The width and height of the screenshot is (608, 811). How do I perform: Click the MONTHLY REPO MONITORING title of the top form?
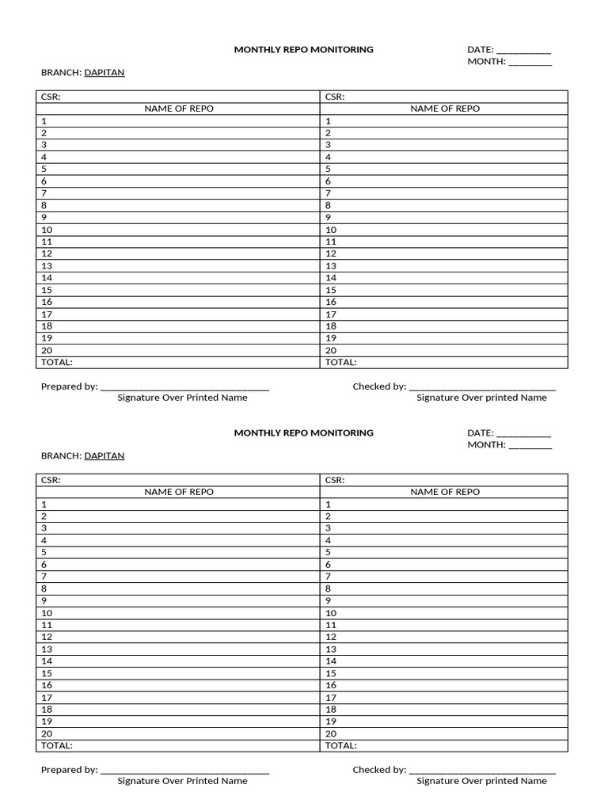click(x=303, y=49)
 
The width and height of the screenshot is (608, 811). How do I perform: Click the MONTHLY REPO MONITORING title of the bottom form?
click(x=303, y=432)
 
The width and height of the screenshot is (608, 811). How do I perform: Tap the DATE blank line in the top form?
click(x=523, y=51)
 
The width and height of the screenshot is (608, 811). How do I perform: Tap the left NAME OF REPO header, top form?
click(x=178, y=109)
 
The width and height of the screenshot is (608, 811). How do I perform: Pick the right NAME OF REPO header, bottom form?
click(x=444, y=492)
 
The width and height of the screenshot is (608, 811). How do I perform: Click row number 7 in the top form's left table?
click(x=44, y=193)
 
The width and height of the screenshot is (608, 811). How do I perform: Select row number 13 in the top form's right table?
click(x=331, y=265)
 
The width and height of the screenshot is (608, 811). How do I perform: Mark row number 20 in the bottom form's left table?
click(x=47, y=733)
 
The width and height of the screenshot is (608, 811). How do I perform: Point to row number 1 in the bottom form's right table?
click(x=329, y=504)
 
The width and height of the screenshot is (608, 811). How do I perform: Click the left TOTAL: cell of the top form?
click(x=56, y=362)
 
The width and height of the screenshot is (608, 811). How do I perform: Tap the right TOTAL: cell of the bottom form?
click(x=340, y=745)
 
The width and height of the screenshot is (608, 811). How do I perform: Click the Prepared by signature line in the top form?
click(x=185, y=388)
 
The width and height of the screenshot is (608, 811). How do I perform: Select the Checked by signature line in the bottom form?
click(x=484, y=771)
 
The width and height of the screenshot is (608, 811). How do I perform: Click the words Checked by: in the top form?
click(x=379, y=386)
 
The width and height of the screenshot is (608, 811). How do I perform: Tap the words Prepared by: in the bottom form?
click(x=69, y=770)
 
